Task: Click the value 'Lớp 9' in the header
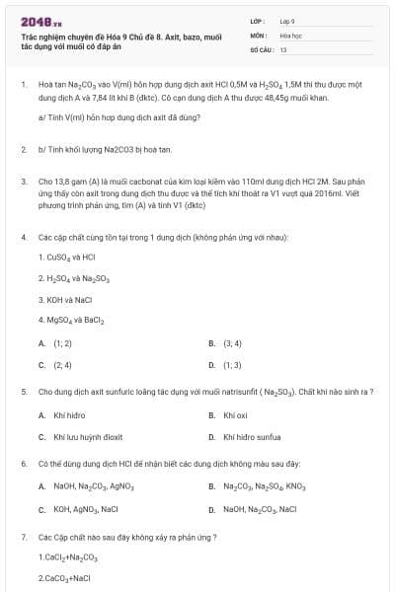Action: (x=287, y=21)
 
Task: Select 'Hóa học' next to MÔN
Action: (x=290, y=35)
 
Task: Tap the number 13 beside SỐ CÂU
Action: (x=283, y=48)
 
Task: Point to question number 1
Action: (x=23, y=86)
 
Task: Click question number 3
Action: (x=23, y=183)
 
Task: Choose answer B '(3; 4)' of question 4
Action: (x=233, y=343)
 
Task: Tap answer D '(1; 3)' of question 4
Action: (x=233, y=365)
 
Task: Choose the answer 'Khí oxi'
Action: (x=235, y=415)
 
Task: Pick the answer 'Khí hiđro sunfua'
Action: (x=252, y=437)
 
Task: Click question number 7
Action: (x=23, y=537)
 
